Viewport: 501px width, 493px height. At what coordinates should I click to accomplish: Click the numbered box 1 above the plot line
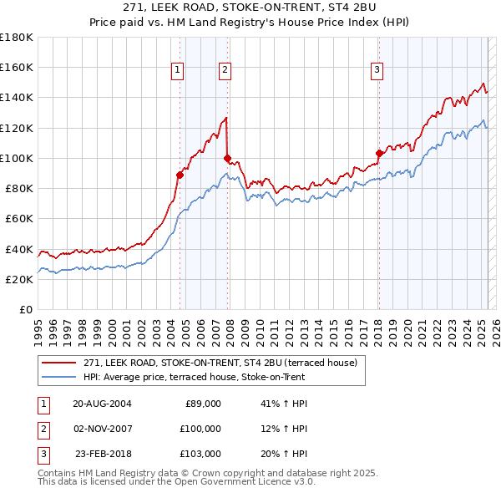tap(179, 70)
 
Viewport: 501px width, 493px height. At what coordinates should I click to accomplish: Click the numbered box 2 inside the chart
tap(225, 70)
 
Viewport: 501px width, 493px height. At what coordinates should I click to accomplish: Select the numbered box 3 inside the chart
tap(377, 70)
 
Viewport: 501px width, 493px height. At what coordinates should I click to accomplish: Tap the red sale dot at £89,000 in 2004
tap(180, 175)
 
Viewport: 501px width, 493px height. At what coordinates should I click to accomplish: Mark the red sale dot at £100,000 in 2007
tap(227, 158)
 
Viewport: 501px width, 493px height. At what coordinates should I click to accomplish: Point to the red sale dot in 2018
tap(379, 153)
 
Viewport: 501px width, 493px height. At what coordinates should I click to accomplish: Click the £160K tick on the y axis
tap(17, 67)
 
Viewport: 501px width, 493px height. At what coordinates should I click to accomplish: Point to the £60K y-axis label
tap(19, 218)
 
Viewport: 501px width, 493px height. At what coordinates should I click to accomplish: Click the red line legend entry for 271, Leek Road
tap(220, 363)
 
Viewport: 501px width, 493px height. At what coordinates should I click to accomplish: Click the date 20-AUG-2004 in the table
tap(102, 404)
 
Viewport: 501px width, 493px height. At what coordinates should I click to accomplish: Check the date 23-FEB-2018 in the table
tap(104, 454)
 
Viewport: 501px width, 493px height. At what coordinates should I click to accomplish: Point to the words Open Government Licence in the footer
tap(253, 482)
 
